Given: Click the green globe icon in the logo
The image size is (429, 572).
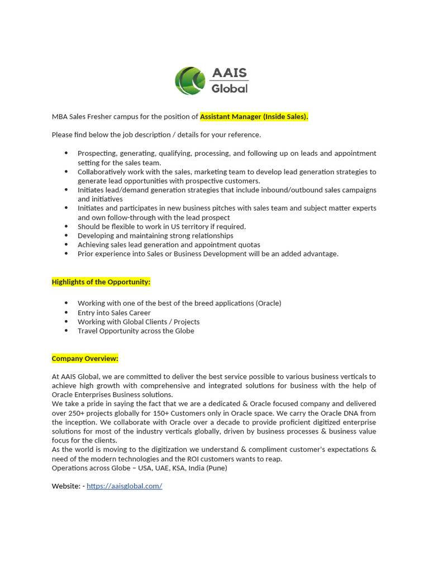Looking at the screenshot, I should click(x=190, y=80).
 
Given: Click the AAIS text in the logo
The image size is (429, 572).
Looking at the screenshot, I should click(x=229, y=73).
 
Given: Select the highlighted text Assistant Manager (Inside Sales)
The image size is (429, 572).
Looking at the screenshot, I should click(x=254, y=117).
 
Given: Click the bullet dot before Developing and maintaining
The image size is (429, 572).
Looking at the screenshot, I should click(x=66, y=236).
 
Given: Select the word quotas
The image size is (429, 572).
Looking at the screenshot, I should click(x=249, y=245).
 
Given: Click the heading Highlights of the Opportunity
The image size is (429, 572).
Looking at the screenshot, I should click(x=101, y=282).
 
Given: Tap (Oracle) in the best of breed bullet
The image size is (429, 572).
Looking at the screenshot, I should click(x=268, y=303).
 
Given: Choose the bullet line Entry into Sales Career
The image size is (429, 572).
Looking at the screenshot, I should click(x=114, y=313).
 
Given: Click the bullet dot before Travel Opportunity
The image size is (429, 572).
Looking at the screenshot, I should click(x=66, y=331).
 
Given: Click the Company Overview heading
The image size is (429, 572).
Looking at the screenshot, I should click(x=85, y=359).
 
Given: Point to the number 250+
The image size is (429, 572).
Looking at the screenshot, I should click(x=76, y=413).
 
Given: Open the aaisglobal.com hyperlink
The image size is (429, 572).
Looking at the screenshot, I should click(x=124, y=486).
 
